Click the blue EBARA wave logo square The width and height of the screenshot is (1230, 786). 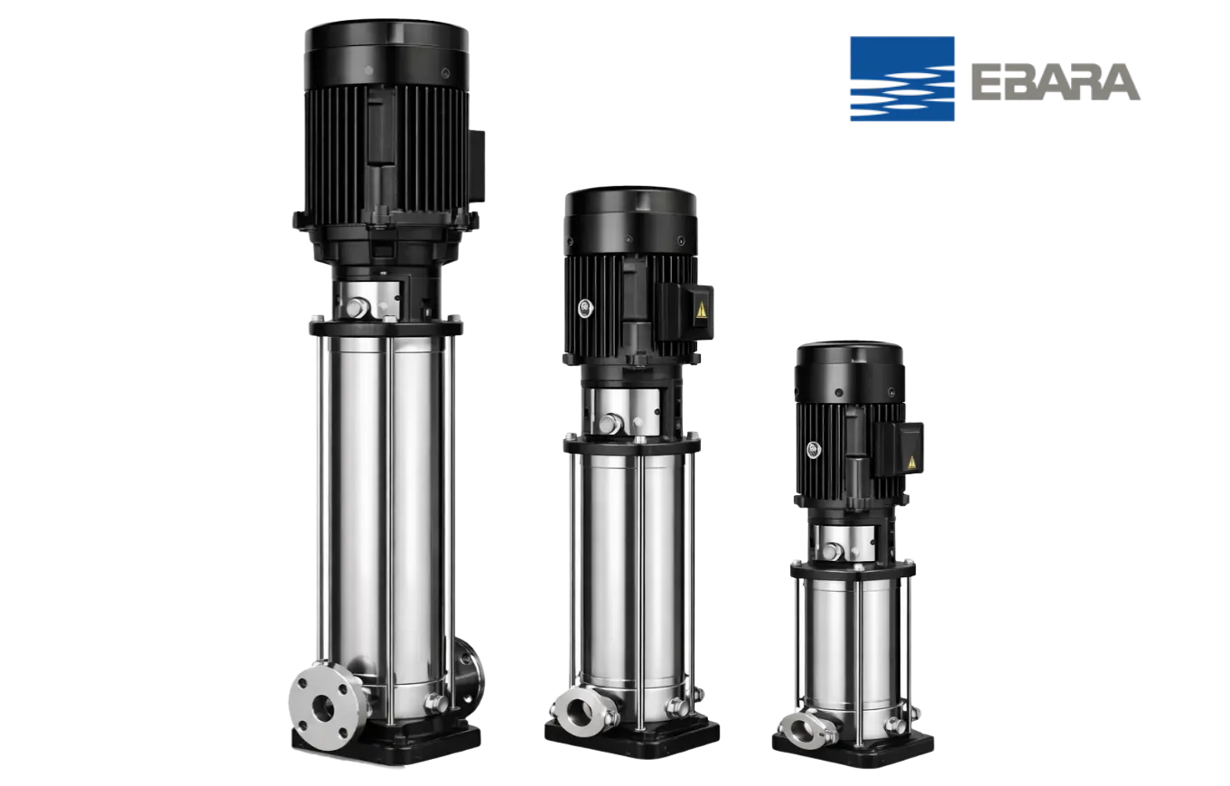coord(901,79)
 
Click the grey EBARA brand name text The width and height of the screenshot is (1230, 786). coord(1056,82)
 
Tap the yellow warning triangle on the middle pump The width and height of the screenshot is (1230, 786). coord(701,311)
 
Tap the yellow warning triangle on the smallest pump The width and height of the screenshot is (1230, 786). coord(912,463)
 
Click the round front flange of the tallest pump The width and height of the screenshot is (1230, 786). coord(323,706)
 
